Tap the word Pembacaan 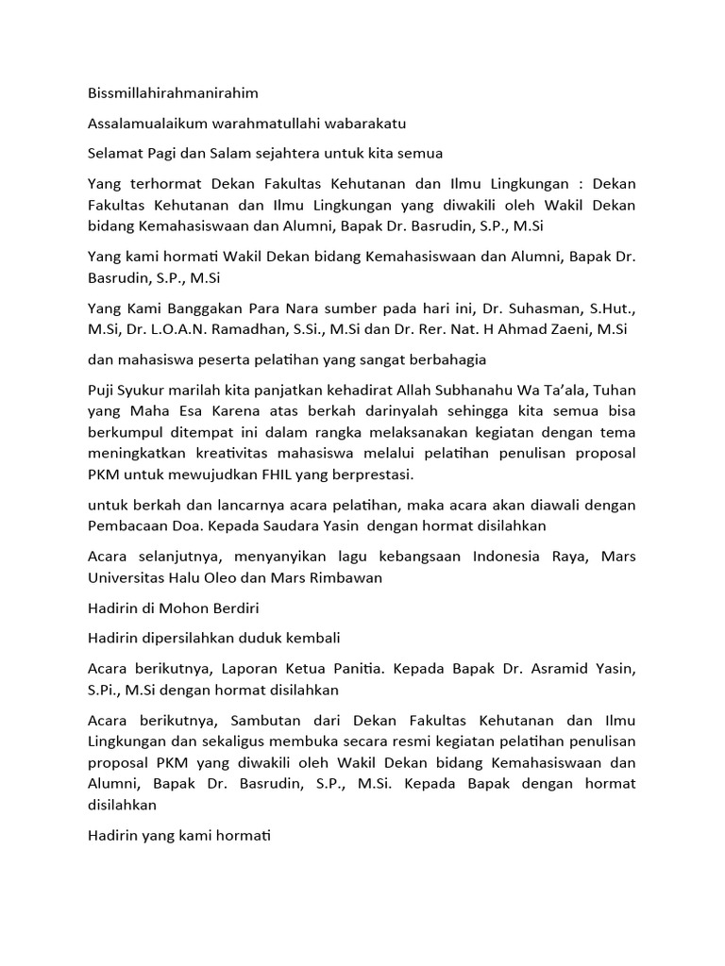click(127, 525)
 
